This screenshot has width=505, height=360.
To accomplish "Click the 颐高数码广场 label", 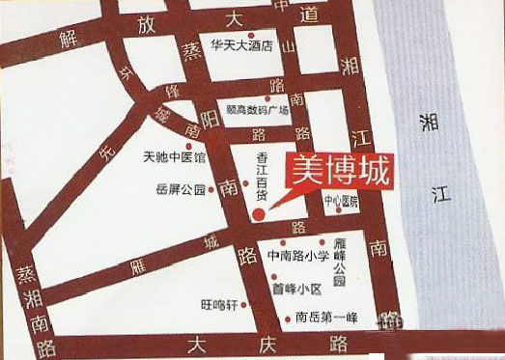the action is [x=258, y=110].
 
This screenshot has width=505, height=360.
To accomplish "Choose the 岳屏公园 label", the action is [x=181, y=190].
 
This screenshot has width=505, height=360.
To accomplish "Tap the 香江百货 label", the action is [x=261, y=174].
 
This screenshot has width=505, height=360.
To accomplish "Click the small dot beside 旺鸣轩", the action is [x=244, y=304].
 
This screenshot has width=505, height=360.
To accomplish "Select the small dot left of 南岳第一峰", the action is [x=288, y=318].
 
